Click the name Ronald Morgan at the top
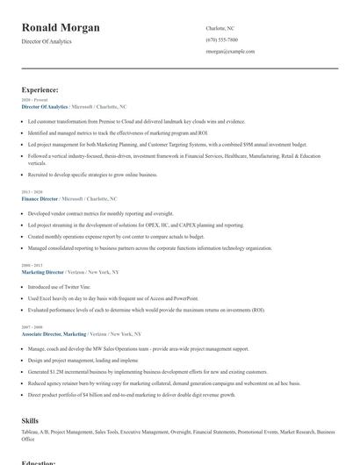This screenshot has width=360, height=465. pyautogui.click(x=61, y=27)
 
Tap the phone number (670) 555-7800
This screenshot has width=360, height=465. pyautogui.click(x=221, y=39)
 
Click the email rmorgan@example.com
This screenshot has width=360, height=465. pyautogui.click(x=230, y=52)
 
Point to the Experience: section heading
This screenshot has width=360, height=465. pyautogui.click(x=40, y=89)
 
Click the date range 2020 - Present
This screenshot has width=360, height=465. pyautogui.click(x=30, y=100)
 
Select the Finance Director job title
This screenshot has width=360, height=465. pyautogui.click(x=41, y=199)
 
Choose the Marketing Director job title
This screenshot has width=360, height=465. pyautogui.click(x=44, y=272)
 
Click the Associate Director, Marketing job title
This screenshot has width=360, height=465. pyautogui.click(x=54, y=334)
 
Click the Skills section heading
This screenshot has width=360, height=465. pyautogui.click(x=30, y=421)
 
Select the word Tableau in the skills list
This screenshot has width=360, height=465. pyautogui.click(x=31, y=432)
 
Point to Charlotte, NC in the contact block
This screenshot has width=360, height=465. pyautogui.click(x=220, y=27)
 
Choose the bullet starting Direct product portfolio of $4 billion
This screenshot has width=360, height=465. pyautogui.click(x=132, y=395)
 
